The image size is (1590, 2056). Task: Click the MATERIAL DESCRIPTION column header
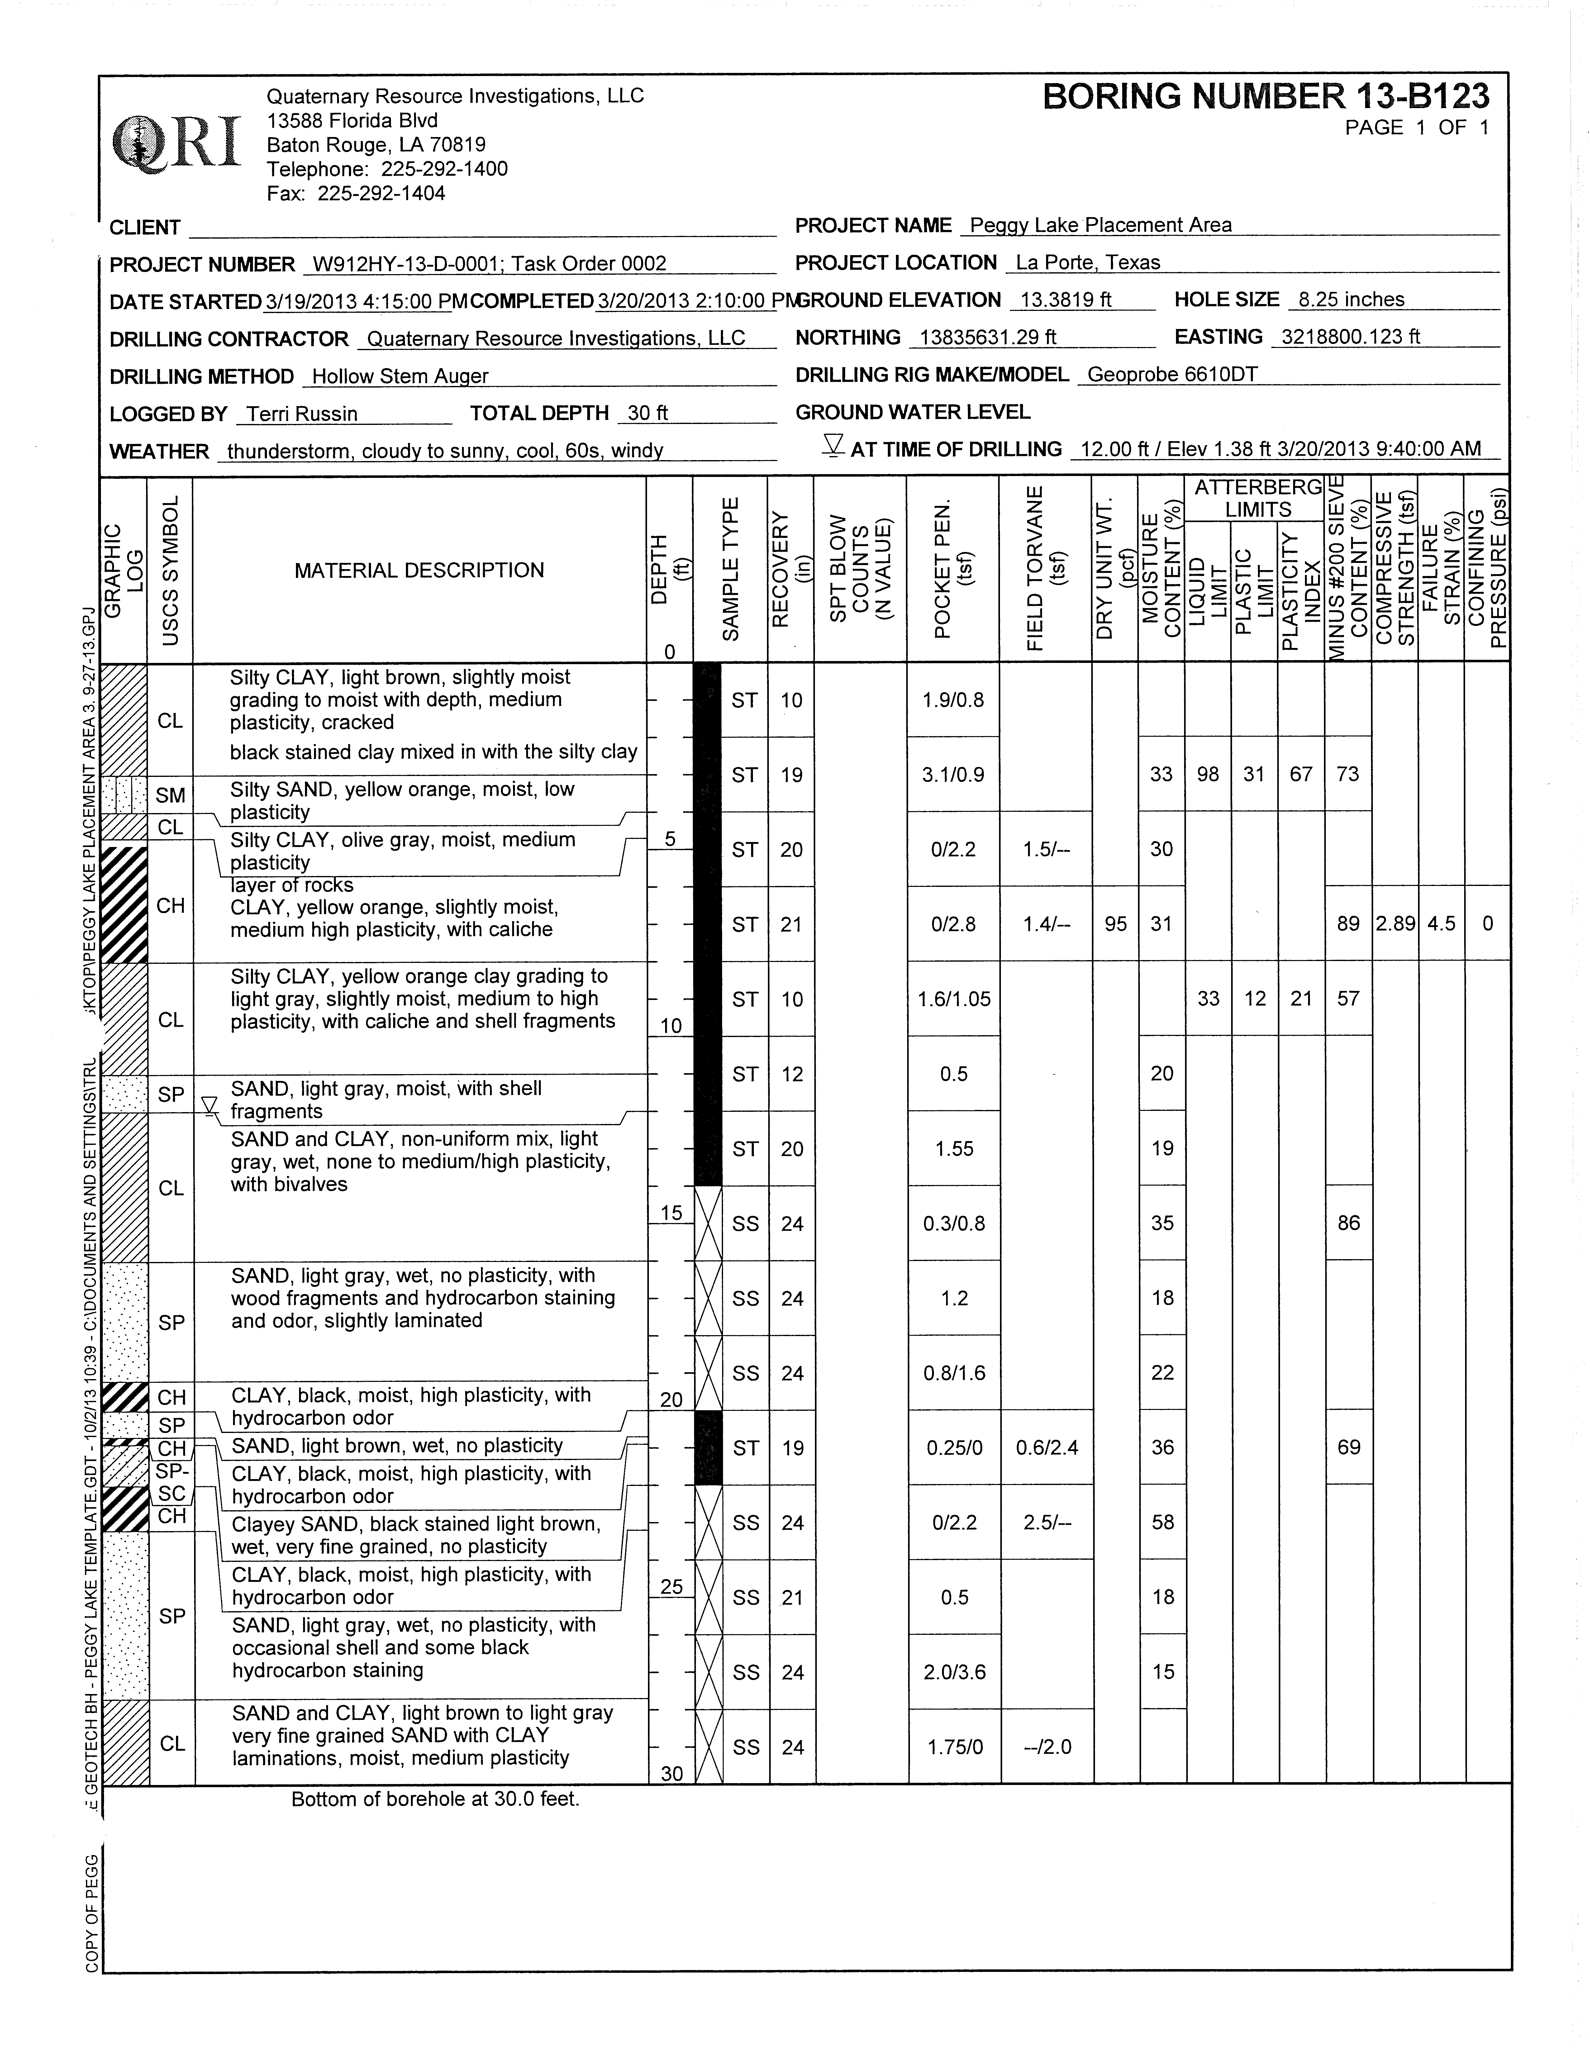419,570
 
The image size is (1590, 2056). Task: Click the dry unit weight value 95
1116,924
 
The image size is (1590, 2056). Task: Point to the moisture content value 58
1163,1522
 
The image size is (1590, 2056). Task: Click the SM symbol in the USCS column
170,796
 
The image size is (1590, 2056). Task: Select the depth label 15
670,1212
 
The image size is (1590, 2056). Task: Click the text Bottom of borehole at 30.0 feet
435,1799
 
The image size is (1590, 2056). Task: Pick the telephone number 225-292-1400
444,169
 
